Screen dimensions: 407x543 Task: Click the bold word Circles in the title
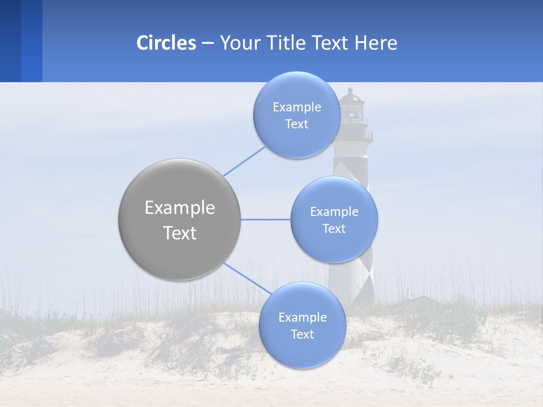(166, 43)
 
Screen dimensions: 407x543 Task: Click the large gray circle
(180, 219)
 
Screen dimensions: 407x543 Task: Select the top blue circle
(297, 115)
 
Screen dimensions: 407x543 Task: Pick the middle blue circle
(334, 219)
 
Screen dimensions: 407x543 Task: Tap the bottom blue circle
(302, 325)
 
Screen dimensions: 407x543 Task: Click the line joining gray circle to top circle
(244, 161)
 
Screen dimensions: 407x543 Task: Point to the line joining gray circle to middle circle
(266, 219)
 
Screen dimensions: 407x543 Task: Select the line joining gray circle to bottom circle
(247, 278)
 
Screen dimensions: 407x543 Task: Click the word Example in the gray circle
(180, 208)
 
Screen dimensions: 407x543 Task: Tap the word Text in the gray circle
(180, 233)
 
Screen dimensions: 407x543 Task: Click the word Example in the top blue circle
(297, 107)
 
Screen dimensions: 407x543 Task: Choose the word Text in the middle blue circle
(334, 228)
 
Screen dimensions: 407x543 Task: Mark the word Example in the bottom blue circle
(303, 317)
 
